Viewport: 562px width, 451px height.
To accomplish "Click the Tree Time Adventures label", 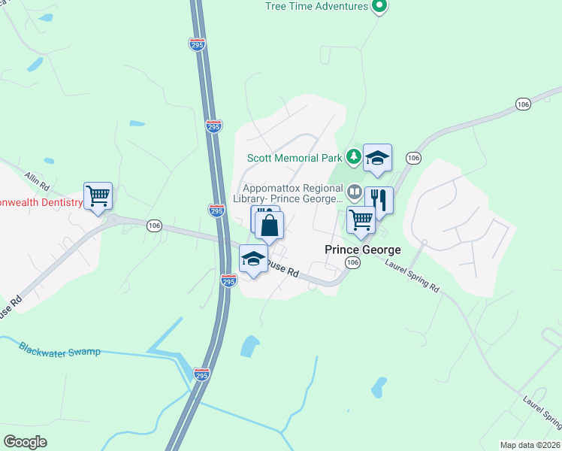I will pos(316,7).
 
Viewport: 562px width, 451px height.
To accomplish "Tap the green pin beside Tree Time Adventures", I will pos(380,7).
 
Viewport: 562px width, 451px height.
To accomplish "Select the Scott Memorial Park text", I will pos(295,158).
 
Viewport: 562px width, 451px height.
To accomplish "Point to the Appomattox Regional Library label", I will pos(292,194).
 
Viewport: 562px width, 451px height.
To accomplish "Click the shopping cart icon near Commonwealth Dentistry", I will pos(98,196).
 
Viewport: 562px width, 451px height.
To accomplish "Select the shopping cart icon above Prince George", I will pos(361,220).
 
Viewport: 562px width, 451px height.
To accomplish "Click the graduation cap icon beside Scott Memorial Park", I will pos(377,158).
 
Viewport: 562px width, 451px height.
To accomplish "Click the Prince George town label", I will pos(362,250).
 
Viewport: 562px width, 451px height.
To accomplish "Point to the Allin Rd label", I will pos(36,180).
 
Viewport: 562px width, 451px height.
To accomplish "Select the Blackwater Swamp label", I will pos(59,350).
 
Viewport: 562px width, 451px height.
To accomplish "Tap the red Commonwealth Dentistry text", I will pos(41,203).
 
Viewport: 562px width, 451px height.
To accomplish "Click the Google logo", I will pos(25,441).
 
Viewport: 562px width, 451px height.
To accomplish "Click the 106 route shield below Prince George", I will pos(352,262).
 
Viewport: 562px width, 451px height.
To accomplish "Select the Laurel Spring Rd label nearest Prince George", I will pos(412,275).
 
